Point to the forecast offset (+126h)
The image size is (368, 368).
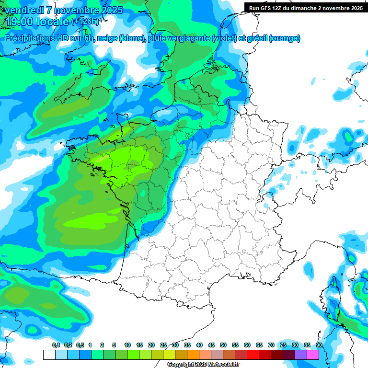coord(85,21)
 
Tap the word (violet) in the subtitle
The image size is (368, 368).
coord(224,38)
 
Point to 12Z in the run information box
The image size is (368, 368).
coord(282,8)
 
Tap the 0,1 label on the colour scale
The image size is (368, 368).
coord(56,345)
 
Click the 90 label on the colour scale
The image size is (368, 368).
coord(319,345)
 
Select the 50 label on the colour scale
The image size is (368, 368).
coord(223,345)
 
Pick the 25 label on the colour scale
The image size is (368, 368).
coord(163,345)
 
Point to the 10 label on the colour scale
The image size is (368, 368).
coord(127,345)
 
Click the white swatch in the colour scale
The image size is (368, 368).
coord(49,355)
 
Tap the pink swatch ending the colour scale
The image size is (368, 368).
coord(313,355)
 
